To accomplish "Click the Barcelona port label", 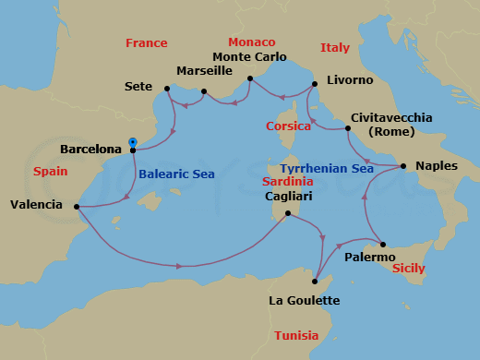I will coord(90,149).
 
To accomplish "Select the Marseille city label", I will coord(205,70).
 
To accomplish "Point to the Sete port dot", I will coord(167,89).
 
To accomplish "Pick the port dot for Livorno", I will coord(314,85).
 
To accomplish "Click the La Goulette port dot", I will coord(316,281).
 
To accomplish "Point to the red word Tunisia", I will coord(296,335).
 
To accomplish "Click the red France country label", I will coord(147,43).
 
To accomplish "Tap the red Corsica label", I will coord(287,126).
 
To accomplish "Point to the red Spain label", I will coord(50,172).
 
